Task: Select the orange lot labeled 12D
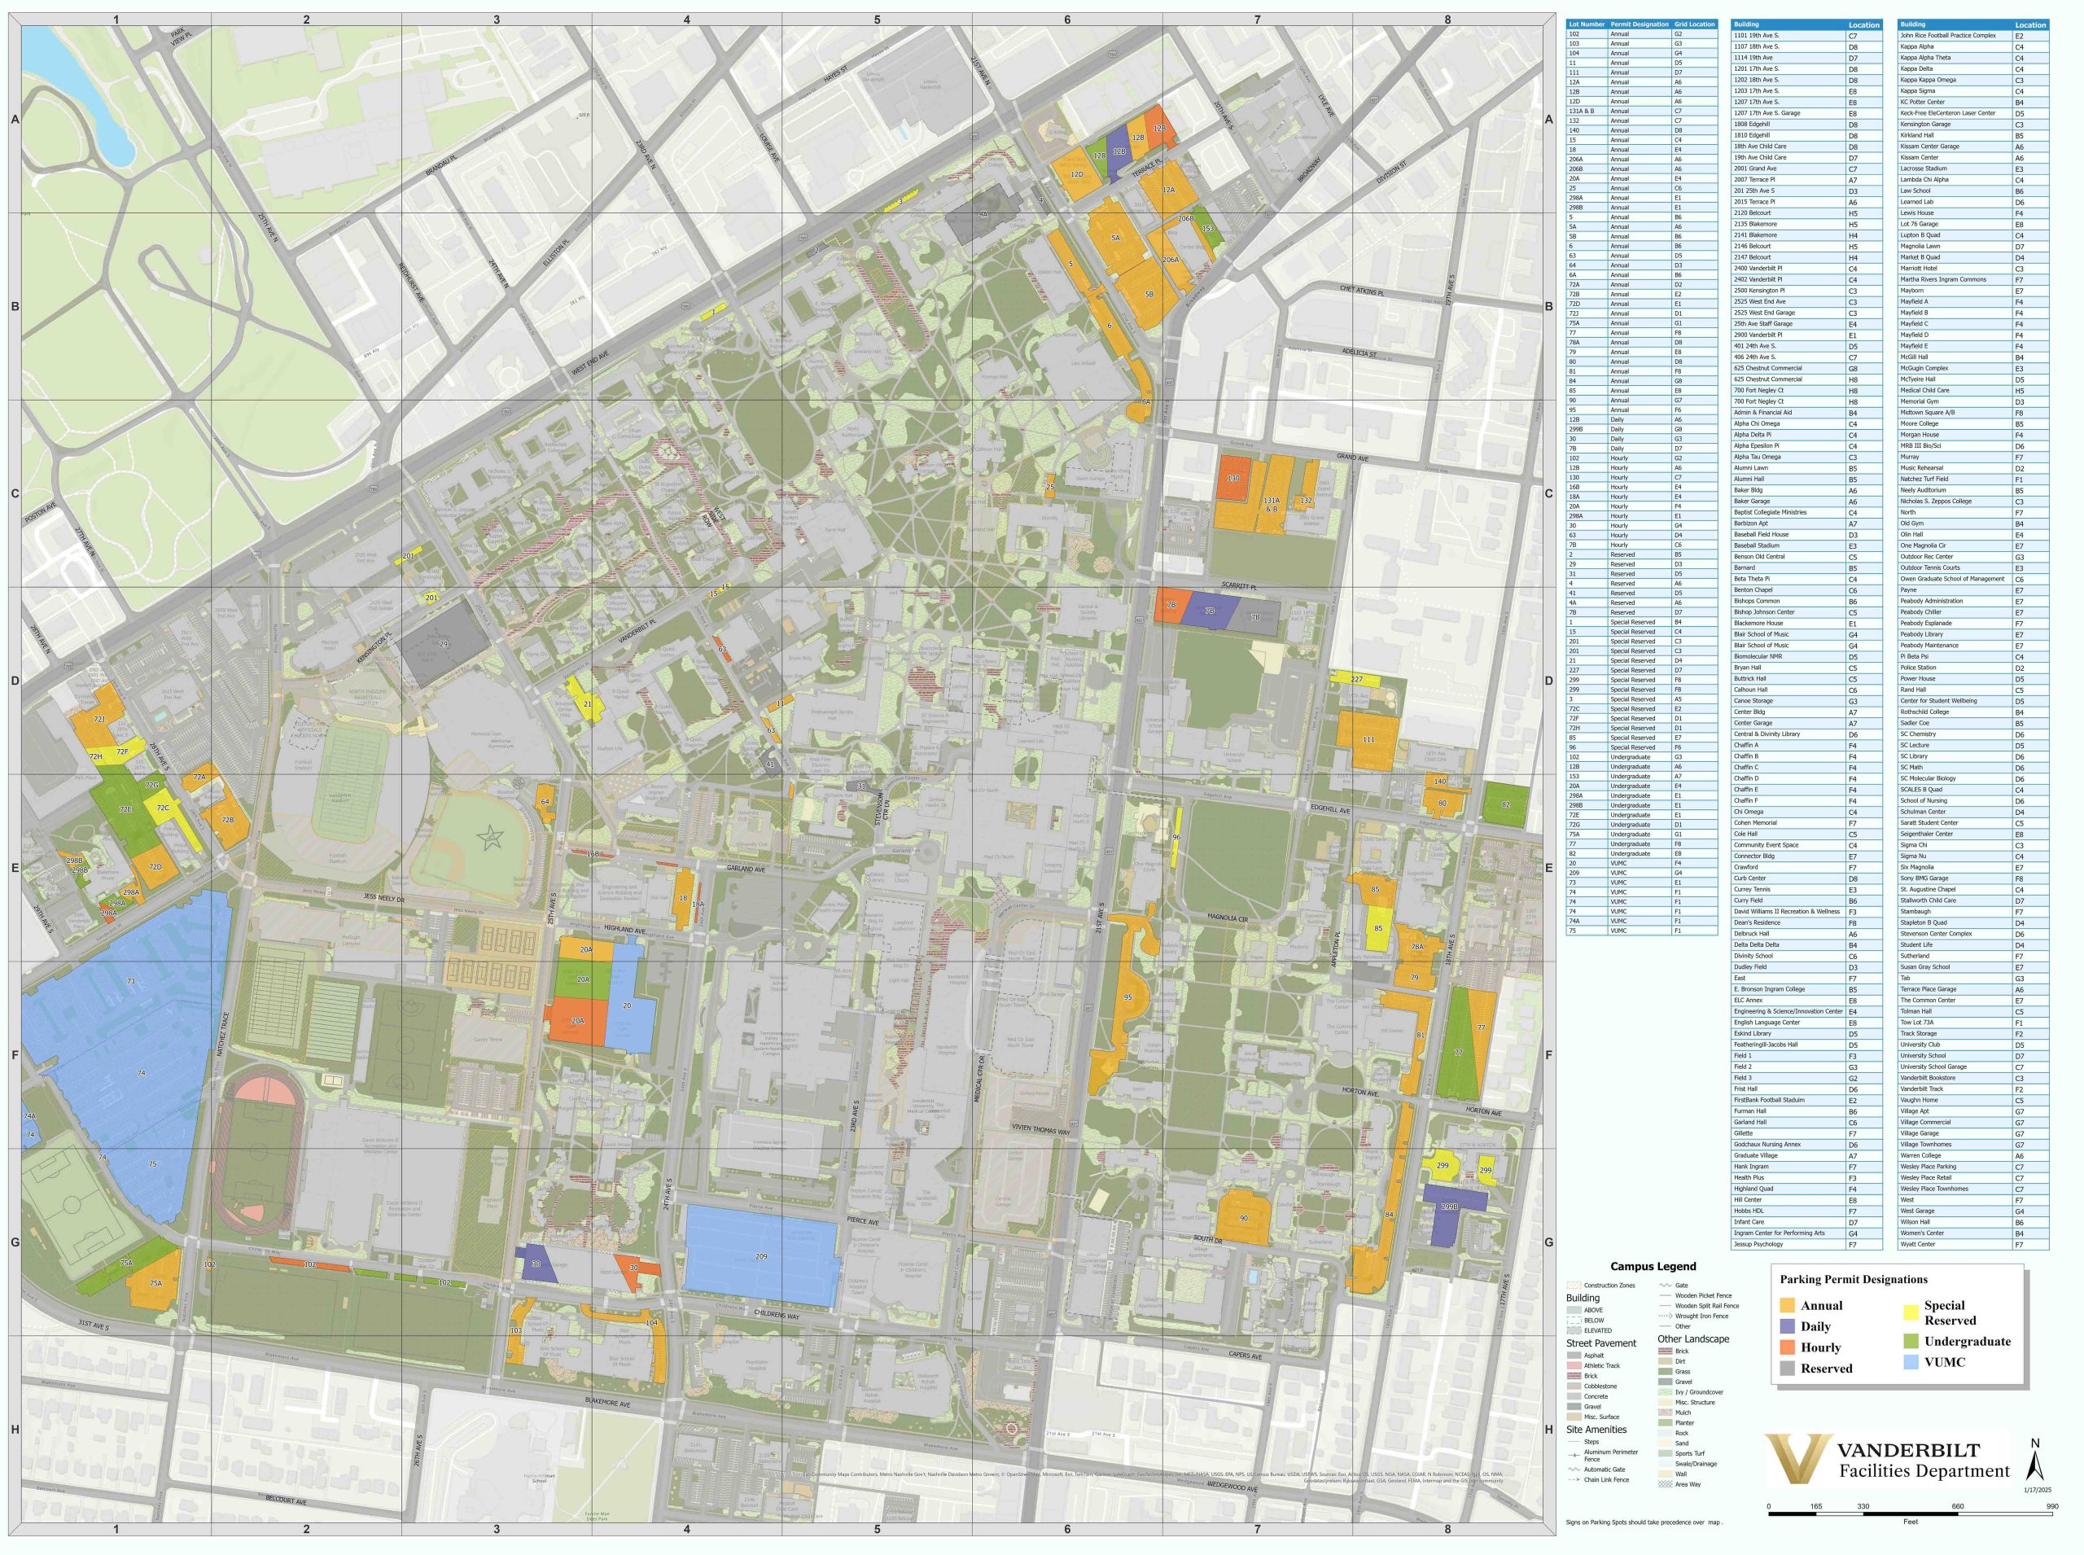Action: (x=1078, y=174)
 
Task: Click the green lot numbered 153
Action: (x=1209, y=230)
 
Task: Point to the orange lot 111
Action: (x=1368, y=739)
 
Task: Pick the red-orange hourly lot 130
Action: (x=1234, y=478)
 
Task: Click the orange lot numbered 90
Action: (x=1243, y=1218)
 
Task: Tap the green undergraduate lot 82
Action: (x=1505, y=805)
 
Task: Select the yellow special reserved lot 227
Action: (x=1355, y=679)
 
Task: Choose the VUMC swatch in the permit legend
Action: (x=1910, y=1362)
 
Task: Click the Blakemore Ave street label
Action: (x=607, y=1404)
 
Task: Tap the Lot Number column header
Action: (x=1586, y=24)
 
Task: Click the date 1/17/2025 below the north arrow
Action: (x=2035, y=1490)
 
